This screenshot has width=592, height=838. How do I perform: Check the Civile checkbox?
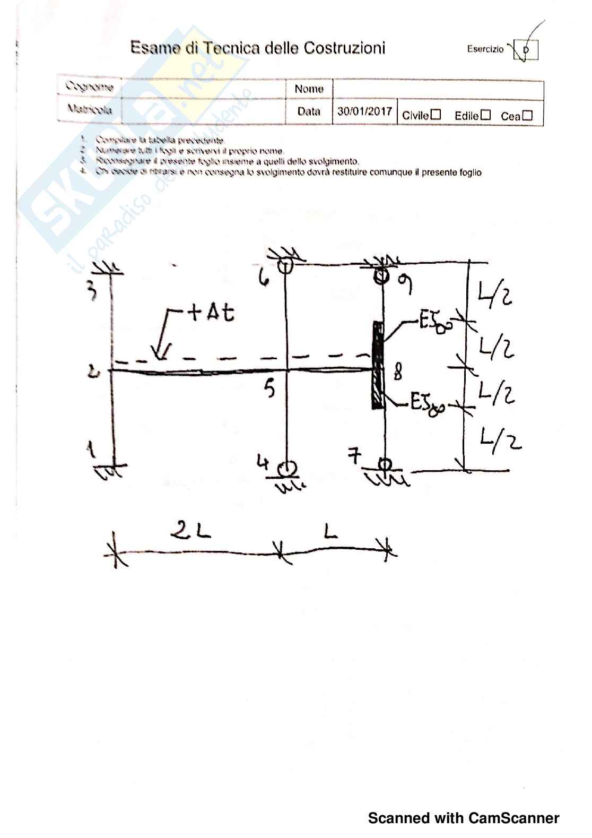(436, 115)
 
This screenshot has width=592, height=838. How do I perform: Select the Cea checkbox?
(527, 115)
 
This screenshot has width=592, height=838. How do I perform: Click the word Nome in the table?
(309, 89)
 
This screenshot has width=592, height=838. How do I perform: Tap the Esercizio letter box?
(526, 50)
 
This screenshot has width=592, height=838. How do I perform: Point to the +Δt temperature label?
(211, 313)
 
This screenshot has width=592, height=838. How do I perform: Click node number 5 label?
(270, 388)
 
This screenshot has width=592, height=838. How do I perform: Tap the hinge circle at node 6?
(285, 265)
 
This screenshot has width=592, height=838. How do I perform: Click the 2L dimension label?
(191, 530)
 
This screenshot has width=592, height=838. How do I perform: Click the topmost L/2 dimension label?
(495, 295)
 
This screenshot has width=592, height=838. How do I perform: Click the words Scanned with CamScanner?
(463, 818)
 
